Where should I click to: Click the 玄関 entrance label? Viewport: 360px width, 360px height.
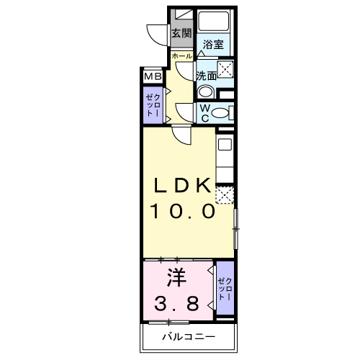(181, 33)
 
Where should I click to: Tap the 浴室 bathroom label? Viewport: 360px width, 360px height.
(213, 45)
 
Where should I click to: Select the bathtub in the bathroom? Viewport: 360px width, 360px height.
(214, 20)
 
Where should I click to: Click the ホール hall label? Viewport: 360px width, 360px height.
(182, 56)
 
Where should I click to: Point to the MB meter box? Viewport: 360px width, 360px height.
(153, 76)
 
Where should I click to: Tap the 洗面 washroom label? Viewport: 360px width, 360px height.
(207, 76)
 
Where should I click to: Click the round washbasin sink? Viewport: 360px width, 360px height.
(205, 91)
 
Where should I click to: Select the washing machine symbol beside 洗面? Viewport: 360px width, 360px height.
(225, 70)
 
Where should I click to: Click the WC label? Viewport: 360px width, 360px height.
(204, 113)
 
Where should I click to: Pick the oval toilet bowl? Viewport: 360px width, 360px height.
(220, 113)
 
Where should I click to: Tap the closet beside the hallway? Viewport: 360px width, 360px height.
(153, 105)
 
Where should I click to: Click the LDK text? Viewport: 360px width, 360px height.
(183, 185)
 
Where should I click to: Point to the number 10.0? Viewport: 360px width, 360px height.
(183, 211)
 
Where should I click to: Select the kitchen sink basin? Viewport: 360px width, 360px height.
(225, 145)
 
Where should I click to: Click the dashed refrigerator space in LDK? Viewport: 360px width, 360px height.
(225, 195)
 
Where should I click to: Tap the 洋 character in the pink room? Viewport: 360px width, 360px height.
(177, 278)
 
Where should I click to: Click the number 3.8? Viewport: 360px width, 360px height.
(176, 303)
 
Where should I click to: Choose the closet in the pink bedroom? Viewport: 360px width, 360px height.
(225, 288)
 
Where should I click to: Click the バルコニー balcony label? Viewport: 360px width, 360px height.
(189, 337)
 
